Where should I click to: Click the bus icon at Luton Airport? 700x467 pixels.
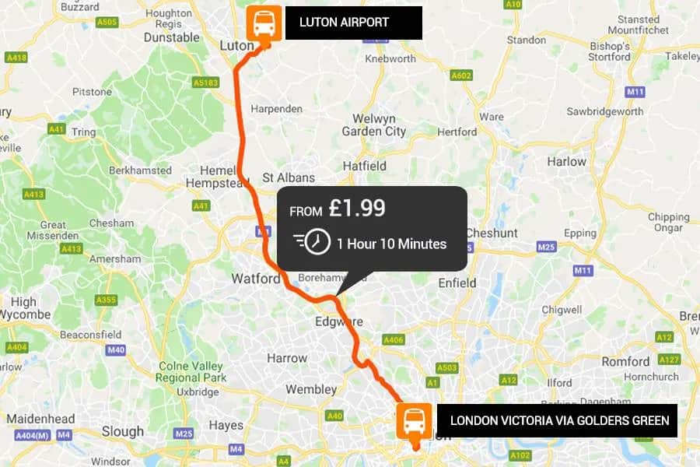(x=264, y=23)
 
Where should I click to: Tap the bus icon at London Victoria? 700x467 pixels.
(x=414, y=420)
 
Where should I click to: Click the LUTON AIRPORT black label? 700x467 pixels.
(x=353, y=23)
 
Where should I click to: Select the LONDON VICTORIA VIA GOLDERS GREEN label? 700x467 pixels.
(x=558, y=420)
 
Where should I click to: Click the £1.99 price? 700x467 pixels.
(x=357, y=209)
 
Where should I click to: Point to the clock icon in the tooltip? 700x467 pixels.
(x=316, y=242)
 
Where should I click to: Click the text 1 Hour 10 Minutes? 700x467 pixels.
(x=391, y=244)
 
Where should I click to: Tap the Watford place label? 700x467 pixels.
(x=256, y=278)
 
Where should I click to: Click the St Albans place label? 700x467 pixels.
(x=289, y=177)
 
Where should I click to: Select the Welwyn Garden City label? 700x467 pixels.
(x=374, y=125)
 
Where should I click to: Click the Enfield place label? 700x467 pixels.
(x=457, y=283)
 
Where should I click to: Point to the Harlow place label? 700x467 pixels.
(x=566, y=162)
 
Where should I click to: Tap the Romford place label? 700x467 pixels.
(x=625, y=361)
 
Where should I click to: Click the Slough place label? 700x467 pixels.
(x=122, y=430)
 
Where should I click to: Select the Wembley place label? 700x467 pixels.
(x=311, y=388)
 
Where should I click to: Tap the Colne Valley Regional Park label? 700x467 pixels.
(x=191, y=371)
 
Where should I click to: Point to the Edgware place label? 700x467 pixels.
(x=339, y=321)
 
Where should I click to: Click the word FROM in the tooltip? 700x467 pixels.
(x=306, y=211)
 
